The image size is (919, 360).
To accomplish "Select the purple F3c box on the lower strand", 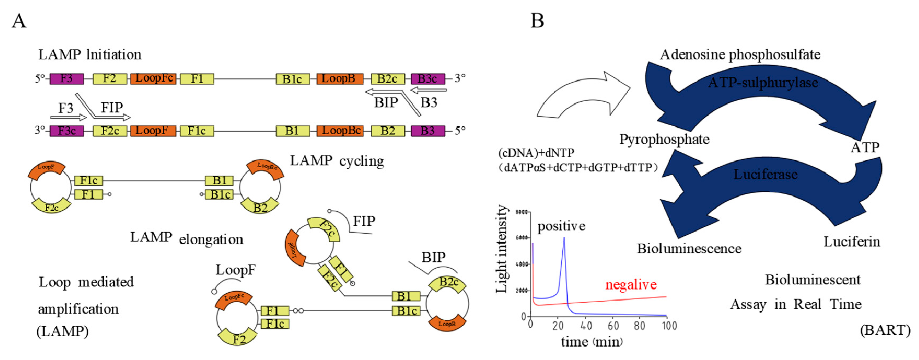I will click(x=67, y=131).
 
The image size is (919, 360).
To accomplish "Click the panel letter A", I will click(x=19, y=21).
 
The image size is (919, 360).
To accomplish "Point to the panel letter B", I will click(x=537, y=21).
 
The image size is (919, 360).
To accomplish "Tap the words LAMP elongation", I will click(x=187, y=238).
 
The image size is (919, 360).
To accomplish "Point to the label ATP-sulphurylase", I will click(x=763, y=83).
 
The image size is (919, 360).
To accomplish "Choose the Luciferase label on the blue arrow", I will click(x=765, y=174).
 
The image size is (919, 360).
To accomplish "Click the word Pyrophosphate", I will click(x=664, y=139).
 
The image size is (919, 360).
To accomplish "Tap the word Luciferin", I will click(x=851, y=242).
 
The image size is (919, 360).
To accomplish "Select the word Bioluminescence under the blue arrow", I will click(x=689, y=249).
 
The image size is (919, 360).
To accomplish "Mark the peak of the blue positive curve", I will click(x=564, y=238).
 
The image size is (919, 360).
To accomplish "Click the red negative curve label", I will click(x=631, y=285).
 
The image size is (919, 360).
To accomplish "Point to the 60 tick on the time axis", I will click(x=613, y=325).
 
